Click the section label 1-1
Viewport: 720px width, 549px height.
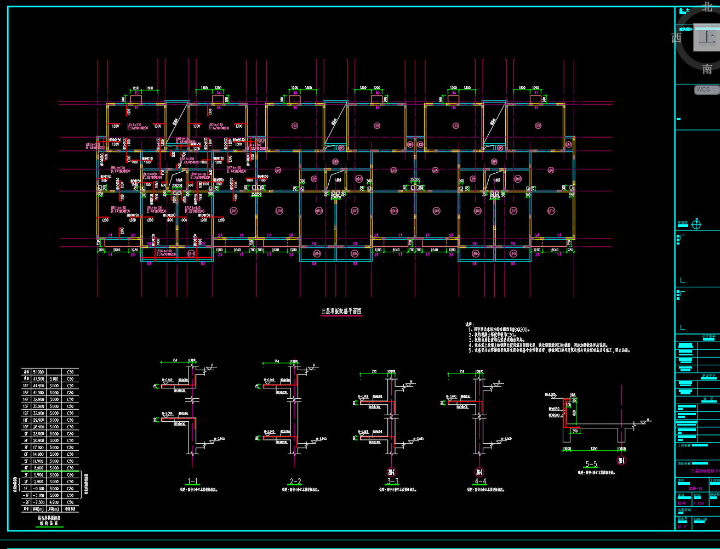click(193, 482)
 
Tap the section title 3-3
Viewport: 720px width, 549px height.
click(392, 481)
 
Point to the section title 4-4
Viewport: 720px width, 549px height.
click(481, 481)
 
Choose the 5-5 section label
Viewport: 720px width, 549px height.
click(591, 464)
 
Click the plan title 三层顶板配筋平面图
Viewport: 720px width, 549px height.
click(341, 311)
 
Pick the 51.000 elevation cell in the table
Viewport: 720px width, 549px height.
click(38, 372)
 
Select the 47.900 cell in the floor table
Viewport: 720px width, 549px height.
click(38, 378)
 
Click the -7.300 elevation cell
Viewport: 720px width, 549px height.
click(38, 502)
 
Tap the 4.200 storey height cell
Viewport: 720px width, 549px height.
click(54, 502)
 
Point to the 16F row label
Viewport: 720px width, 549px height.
click(25, 386)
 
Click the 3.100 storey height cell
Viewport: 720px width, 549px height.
click(54, 378)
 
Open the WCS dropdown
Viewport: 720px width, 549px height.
click(706, 89)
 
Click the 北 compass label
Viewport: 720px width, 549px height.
click(707, 8)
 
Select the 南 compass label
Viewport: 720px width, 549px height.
click(707, 69)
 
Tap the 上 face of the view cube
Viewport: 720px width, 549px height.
click(707, 38)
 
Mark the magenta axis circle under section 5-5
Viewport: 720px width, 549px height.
click(621, 461)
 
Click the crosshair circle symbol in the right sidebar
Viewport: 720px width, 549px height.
click(696, 224)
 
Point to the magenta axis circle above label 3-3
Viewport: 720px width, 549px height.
click(391, 472)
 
